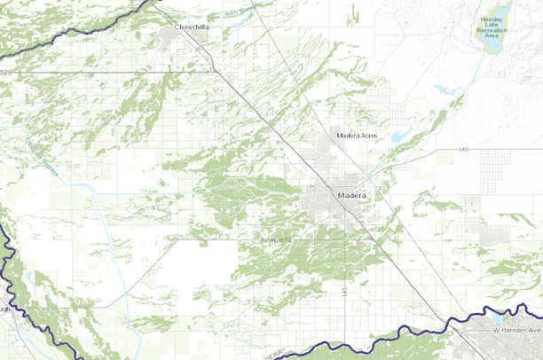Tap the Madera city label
352,194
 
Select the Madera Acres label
358,136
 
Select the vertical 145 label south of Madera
342,291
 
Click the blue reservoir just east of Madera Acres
401,137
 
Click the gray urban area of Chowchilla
174,37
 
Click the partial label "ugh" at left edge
4,310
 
